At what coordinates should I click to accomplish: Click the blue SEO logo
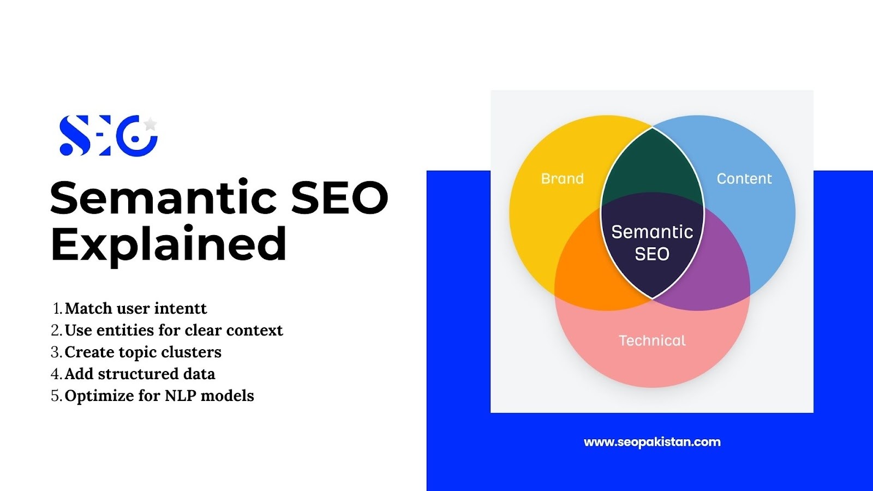[109, 135]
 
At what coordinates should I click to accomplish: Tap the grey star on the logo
[150, 124]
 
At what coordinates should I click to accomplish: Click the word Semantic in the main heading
[163, 197]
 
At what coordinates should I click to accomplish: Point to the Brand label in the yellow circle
[563, 178]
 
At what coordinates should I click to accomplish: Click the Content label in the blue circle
[744, 178]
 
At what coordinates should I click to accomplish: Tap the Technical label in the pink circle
[652, 340]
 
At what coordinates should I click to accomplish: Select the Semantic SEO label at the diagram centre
[652, 243]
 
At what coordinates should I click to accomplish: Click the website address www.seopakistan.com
[652, 442]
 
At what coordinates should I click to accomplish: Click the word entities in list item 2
[125, 330]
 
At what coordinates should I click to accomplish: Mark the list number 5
[55, 396]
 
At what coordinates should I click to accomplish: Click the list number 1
[57, 308]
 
